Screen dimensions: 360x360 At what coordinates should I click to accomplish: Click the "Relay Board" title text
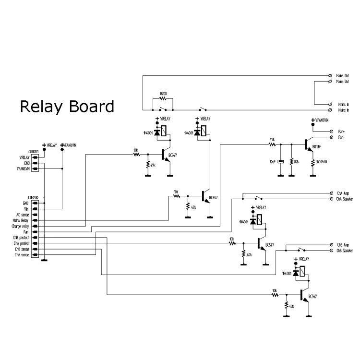coord(67,106)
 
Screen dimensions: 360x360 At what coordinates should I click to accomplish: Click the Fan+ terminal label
coord(342,131)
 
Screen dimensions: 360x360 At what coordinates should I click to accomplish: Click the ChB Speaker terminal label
coord(345,250)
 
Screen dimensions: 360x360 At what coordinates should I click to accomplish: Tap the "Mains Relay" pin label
coord(22,220)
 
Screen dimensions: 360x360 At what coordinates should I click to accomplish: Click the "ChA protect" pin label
coord(22,243)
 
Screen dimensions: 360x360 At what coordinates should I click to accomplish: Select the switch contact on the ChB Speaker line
coord(301,250)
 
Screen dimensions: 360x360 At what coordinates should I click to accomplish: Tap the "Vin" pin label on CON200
coord(26,209)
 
